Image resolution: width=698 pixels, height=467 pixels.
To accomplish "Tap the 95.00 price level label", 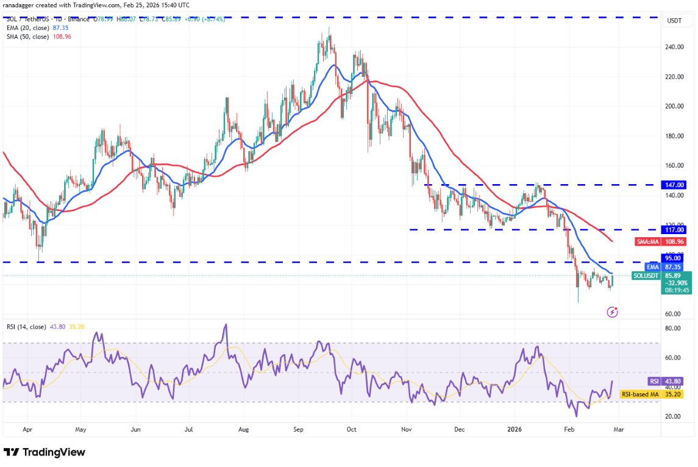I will [674, 258].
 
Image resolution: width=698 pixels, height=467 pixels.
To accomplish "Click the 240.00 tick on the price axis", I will [674, 47].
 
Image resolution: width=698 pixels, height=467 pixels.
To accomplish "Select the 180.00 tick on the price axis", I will [674, 136].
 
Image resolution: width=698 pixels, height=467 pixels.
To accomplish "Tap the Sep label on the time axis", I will [298, 429].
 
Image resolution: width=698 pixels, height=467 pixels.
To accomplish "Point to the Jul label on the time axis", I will [190, 429].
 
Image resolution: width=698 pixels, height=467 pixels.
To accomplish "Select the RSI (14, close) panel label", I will [26, 327].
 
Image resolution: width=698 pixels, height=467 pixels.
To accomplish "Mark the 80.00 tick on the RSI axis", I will [674, 329].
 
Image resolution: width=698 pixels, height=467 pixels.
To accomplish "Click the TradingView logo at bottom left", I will [45, 452].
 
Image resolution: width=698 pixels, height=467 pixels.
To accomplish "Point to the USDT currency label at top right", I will [674, 20].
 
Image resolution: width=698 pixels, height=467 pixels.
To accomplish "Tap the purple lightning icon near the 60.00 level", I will [613, 312].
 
